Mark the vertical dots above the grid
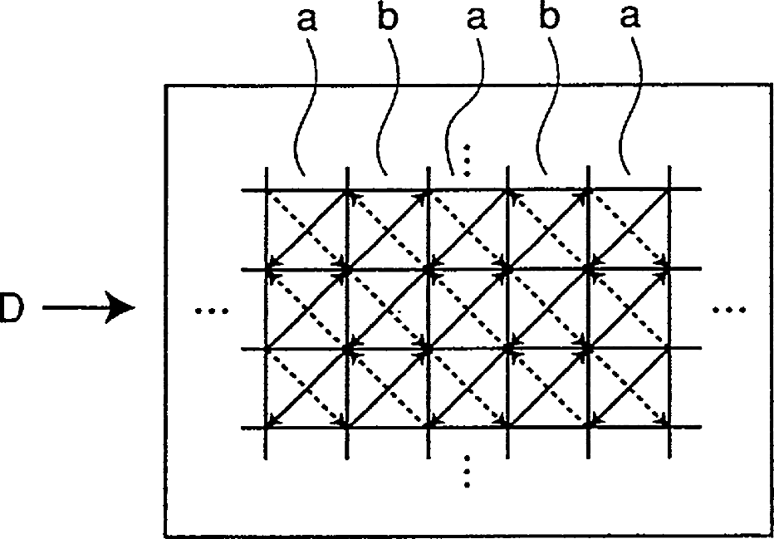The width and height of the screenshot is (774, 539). (x=467, y=160)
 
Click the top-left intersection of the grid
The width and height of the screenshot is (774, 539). (x=267, y=189)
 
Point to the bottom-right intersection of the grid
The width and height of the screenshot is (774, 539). (x=669, y=427)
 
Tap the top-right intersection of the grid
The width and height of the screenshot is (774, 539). (x=669, y=189)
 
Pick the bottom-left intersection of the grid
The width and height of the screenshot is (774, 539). (x=267, y=427)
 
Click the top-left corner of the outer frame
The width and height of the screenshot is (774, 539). (x=165, y=85)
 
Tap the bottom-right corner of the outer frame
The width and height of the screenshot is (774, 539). (x=772, y=536)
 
